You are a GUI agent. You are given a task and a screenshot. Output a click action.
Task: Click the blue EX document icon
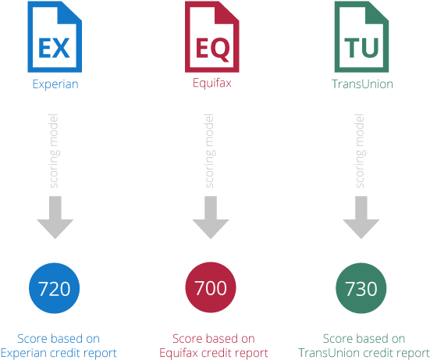(x=55, y=37)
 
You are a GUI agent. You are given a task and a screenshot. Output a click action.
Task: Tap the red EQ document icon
(x=212, y=37)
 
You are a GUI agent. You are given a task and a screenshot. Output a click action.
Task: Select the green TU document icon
(x=362, y=37)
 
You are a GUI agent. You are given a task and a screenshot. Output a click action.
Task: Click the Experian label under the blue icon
(x=55, y=84)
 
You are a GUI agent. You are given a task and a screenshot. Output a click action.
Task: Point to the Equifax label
(x=212, y=83)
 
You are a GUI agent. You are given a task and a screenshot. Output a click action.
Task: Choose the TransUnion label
(x=362, y=84)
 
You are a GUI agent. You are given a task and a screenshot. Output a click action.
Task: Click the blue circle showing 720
(x=55, y=288)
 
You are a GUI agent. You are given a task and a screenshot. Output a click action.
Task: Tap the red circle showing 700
(x=211, y=287)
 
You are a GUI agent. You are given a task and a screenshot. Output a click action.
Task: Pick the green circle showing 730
(x=361, y=288)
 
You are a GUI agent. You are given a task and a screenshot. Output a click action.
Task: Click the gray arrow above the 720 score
(x=55, y=217)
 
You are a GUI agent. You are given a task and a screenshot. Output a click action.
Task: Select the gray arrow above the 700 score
(x=211, y=217)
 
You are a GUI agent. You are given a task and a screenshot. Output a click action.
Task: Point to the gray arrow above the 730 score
(x=361, y=217)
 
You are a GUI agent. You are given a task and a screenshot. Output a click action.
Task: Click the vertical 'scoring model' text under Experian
(x=55, y=151)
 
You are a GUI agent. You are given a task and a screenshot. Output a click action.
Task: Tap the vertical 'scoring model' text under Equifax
(x=210, y=151)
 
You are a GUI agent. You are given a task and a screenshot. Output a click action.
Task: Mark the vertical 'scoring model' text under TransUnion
(x=361, y=151)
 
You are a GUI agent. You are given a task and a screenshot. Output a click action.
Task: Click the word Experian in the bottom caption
(x=23, y=353)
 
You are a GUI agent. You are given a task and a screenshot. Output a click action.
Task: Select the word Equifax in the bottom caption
(x=178, y=353)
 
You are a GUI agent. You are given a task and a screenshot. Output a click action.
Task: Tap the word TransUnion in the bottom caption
(x=329, y=353)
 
